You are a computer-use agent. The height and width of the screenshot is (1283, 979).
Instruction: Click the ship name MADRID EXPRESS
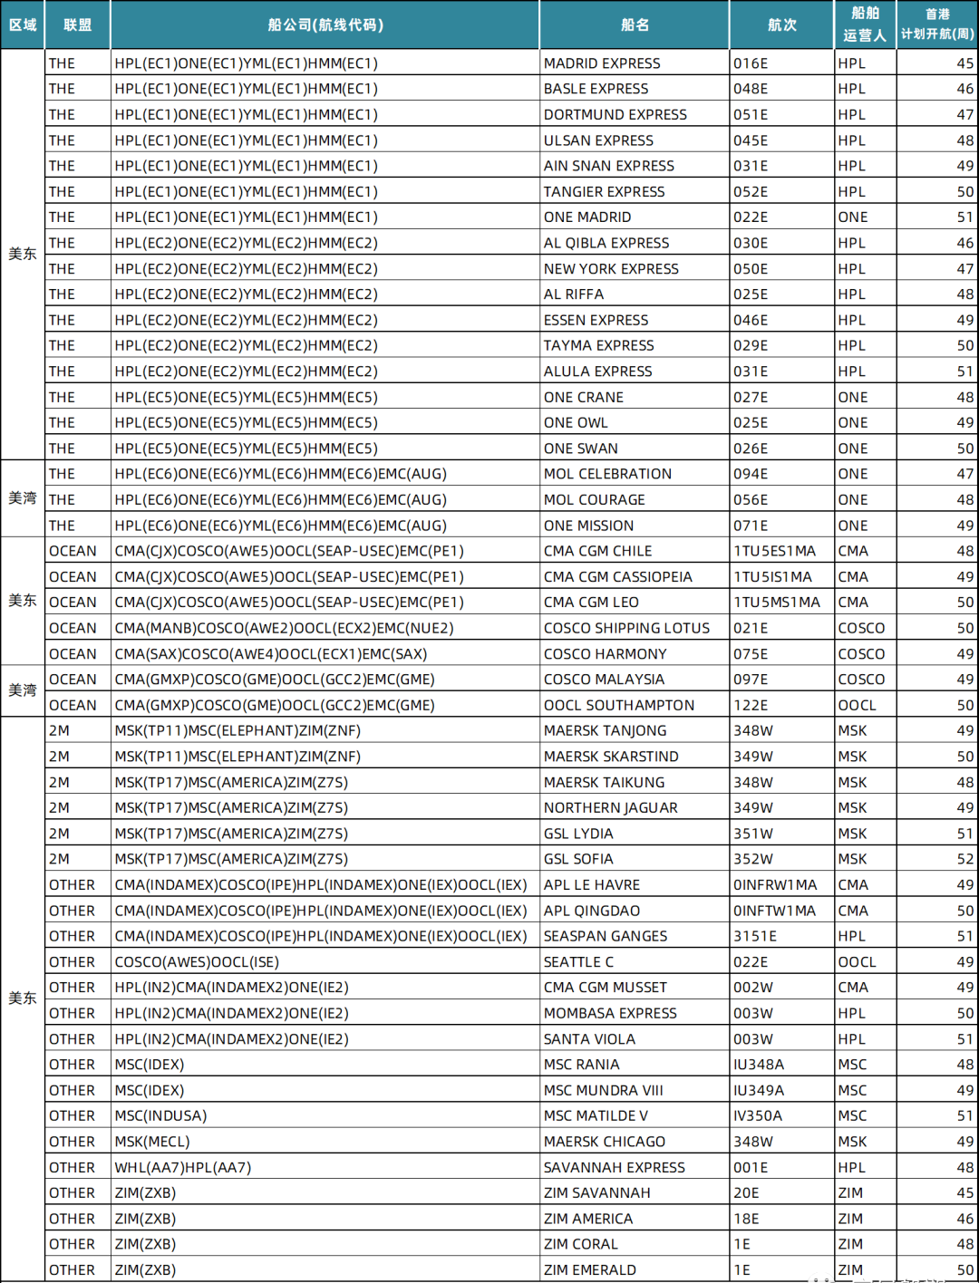pyautogui.click(x=602, y=63)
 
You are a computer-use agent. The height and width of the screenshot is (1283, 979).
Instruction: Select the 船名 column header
pyautogui.click(x=635, y=25)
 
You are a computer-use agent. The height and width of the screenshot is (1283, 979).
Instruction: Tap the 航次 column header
pyautogui.click(x=781, y=25)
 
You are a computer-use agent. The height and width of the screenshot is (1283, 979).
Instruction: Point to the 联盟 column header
pyautogui.click(x=78, y=25)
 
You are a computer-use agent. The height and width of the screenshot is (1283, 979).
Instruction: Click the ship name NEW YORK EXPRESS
pyautogui.click(x=611, y=269)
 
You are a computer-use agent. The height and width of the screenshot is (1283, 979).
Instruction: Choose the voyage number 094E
pyautogui.click(x=751, y=474)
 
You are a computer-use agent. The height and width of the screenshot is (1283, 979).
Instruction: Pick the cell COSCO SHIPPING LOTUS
pyautogui.click(x=626, y=628)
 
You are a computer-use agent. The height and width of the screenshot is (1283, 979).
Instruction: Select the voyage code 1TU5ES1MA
pyautogui.click(x=774, y=551)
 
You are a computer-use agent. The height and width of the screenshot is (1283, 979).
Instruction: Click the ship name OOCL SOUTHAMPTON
pyautogui.click(x=619, y=705)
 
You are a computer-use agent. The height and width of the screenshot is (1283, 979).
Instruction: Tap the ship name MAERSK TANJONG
pyautogui.click(x=605, y=730)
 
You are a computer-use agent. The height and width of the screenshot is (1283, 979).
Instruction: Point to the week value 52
pyautogui.click(x=964, y=859)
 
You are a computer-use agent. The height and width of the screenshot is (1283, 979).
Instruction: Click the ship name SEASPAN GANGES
pyautogui.click(x=606, y=936)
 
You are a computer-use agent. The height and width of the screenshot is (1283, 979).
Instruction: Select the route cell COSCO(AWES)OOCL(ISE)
pyautogui.click(x=197, y=962)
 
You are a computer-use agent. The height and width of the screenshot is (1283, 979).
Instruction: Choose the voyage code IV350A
pyautogui.click(x=758, y=1116)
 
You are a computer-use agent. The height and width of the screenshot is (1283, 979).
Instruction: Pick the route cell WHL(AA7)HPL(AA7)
pyautogui.click(x=182, y=1168)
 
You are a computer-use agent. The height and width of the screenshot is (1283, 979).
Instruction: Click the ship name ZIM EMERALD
pyautogui.click(x=590, y=1270)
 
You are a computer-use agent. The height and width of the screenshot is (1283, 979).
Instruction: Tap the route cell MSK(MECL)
pyautogui.click(x=152, y=1142)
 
